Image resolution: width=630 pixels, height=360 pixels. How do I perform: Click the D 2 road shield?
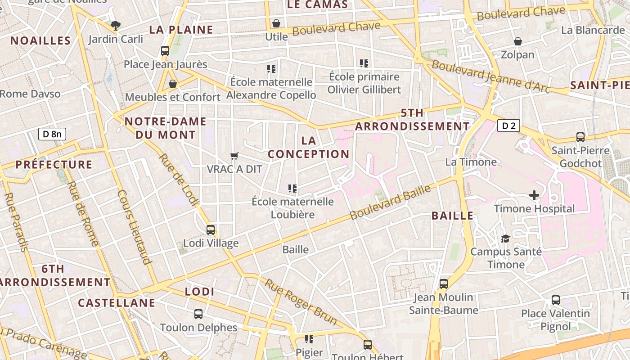point(508,126)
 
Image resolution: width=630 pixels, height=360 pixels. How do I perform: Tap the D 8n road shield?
point(52,134)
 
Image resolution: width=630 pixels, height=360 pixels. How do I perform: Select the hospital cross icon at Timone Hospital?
point(534,195)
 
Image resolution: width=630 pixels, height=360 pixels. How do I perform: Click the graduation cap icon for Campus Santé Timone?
point(506,238)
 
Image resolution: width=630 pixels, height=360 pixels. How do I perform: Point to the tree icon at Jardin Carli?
point(116,25)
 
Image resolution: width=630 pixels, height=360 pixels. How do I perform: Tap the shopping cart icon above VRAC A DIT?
point(234,156)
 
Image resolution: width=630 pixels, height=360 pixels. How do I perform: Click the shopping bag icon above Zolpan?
point(518,41)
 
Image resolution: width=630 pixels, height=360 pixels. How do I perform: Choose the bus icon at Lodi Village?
point(210,230)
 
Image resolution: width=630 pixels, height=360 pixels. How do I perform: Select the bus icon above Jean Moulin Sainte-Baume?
point(444,284)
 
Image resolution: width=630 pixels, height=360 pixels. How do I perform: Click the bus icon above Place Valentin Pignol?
point(556,300)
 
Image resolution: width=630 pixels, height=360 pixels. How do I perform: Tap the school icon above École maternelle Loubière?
point(292,188)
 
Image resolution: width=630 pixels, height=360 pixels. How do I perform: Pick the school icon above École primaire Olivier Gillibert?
point(364,63)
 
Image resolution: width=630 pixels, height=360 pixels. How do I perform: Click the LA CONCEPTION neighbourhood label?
point(309,147)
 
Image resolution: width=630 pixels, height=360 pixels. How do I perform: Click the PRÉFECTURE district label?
point(54,165)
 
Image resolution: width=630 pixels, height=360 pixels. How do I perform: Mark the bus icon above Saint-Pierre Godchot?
point(580,137)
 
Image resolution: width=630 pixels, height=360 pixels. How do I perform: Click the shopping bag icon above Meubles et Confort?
point(172,84)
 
